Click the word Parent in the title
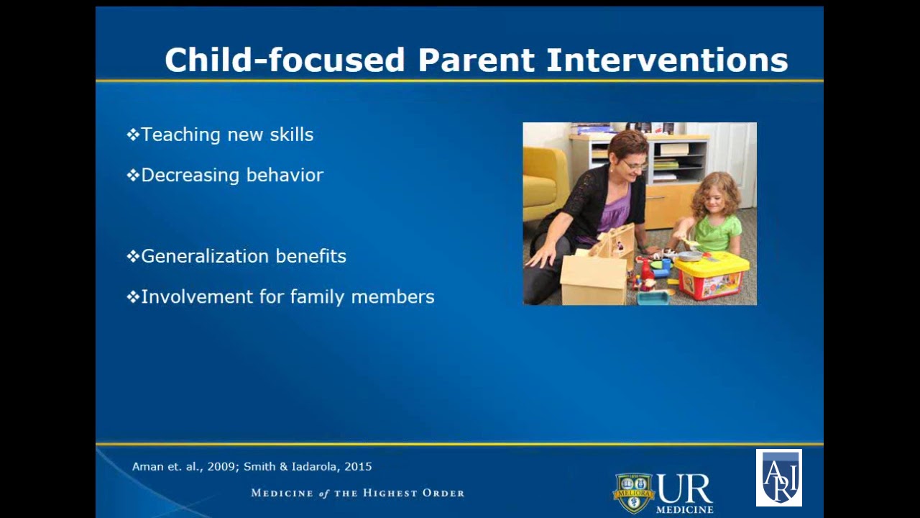(x=476, y=60)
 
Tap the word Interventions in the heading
(x=667, y=60)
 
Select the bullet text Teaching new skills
(x=227, y=135)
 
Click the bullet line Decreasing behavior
(x=232, y=175)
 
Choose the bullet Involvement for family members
(x=287, y=296)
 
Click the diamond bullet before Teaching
(x=132, y=135)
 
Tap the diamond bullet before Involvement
(x=132, y=296)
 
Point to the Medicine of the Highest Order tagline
(x=357, y=493)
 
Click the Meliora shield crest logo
(x=632, y=493)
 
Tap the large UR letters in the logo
(x=684, y=489)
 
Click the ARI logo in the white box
(x=778, y=478)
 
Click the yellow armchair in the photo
(x=543, y=183)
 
